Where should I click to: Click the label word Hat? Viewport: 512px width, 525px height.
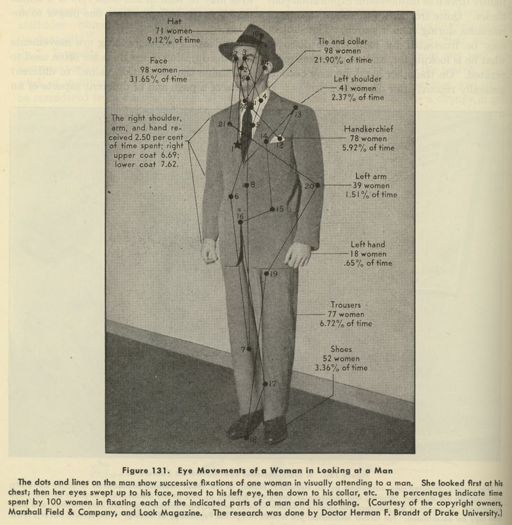[x=173, y=21]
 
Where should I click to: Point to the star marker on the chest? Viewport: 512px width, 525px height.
[x=237, y=145]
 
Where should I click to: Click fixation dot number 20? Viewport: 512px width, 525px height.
[x=317, y=185]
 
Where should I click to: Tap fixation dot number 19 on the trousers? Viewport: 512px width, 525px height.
[x=266, y=274]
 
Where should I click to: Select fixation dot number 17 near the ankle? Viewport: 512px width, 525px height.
[x=265, y=384]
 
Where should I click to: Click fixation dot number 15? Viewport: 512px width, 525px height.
[x=273, y=209]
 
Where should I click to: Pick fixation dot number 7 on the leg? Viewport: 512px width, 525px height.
[x=249, y=349]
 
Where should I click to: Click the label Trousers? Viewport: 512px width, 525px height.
[x=346, y=305]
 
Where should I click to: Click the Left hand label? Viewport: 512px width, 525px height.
[x=367, y=244]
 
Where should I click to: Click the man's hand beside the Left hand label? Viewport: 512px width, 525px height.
[x=297, y=255]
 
